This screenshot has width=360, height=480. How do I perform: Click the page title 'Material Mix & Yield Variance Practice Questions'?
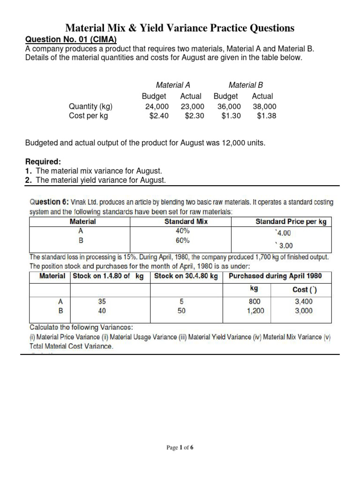click(x=180, y=28)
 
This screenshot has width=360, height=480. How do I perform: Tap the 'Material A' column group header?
click(x=172, y=85)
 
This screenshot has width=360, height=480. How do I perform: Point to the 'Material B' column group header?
click(x=246, y=85)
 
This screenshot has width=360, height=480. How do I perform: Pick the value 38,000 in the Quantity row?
click(x=264, y=106)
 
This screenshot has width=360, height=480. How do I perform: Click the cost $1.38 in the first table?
click(x=266, y=116)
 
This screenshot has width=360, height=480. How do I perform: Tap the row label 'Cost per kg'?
click(x=88, y=116)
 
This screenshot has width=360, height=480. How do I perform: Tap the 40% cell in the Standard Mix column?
click(x=183, y=231)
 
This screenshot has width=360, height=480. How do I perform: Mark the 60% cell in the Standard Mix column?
click(x=183, y=240)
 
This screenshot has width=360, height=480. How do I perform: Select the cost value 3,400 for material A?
click(x=304, y=302)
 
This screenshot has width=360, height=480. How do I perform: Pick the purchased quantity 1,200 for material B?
click(x=255, y=311)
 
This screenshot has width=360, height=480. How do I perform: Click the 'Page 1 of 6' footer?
click(x=180, y=448)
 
